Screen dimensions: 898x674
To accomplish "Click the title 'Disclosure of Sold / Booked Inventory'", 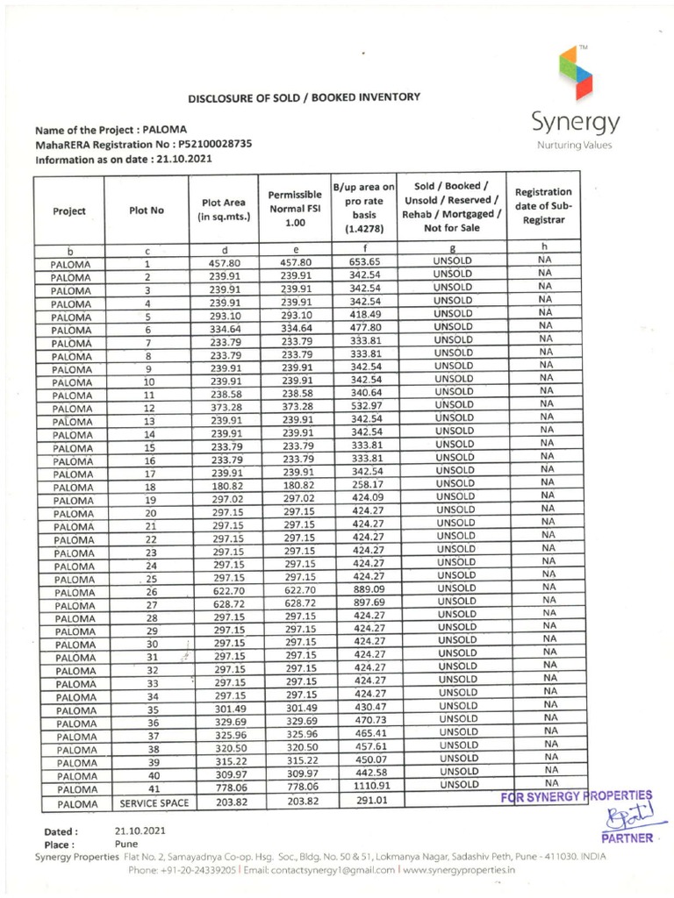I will [x=305, y=97].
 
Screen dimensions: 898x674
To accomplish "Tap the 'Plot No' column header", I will [x=147, y=210].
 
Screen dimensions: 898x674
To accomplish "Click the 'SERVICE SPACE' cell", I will [x=147, y=802].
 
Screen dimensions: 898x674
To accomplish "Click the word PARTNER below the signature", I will [x=627, y=838].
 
